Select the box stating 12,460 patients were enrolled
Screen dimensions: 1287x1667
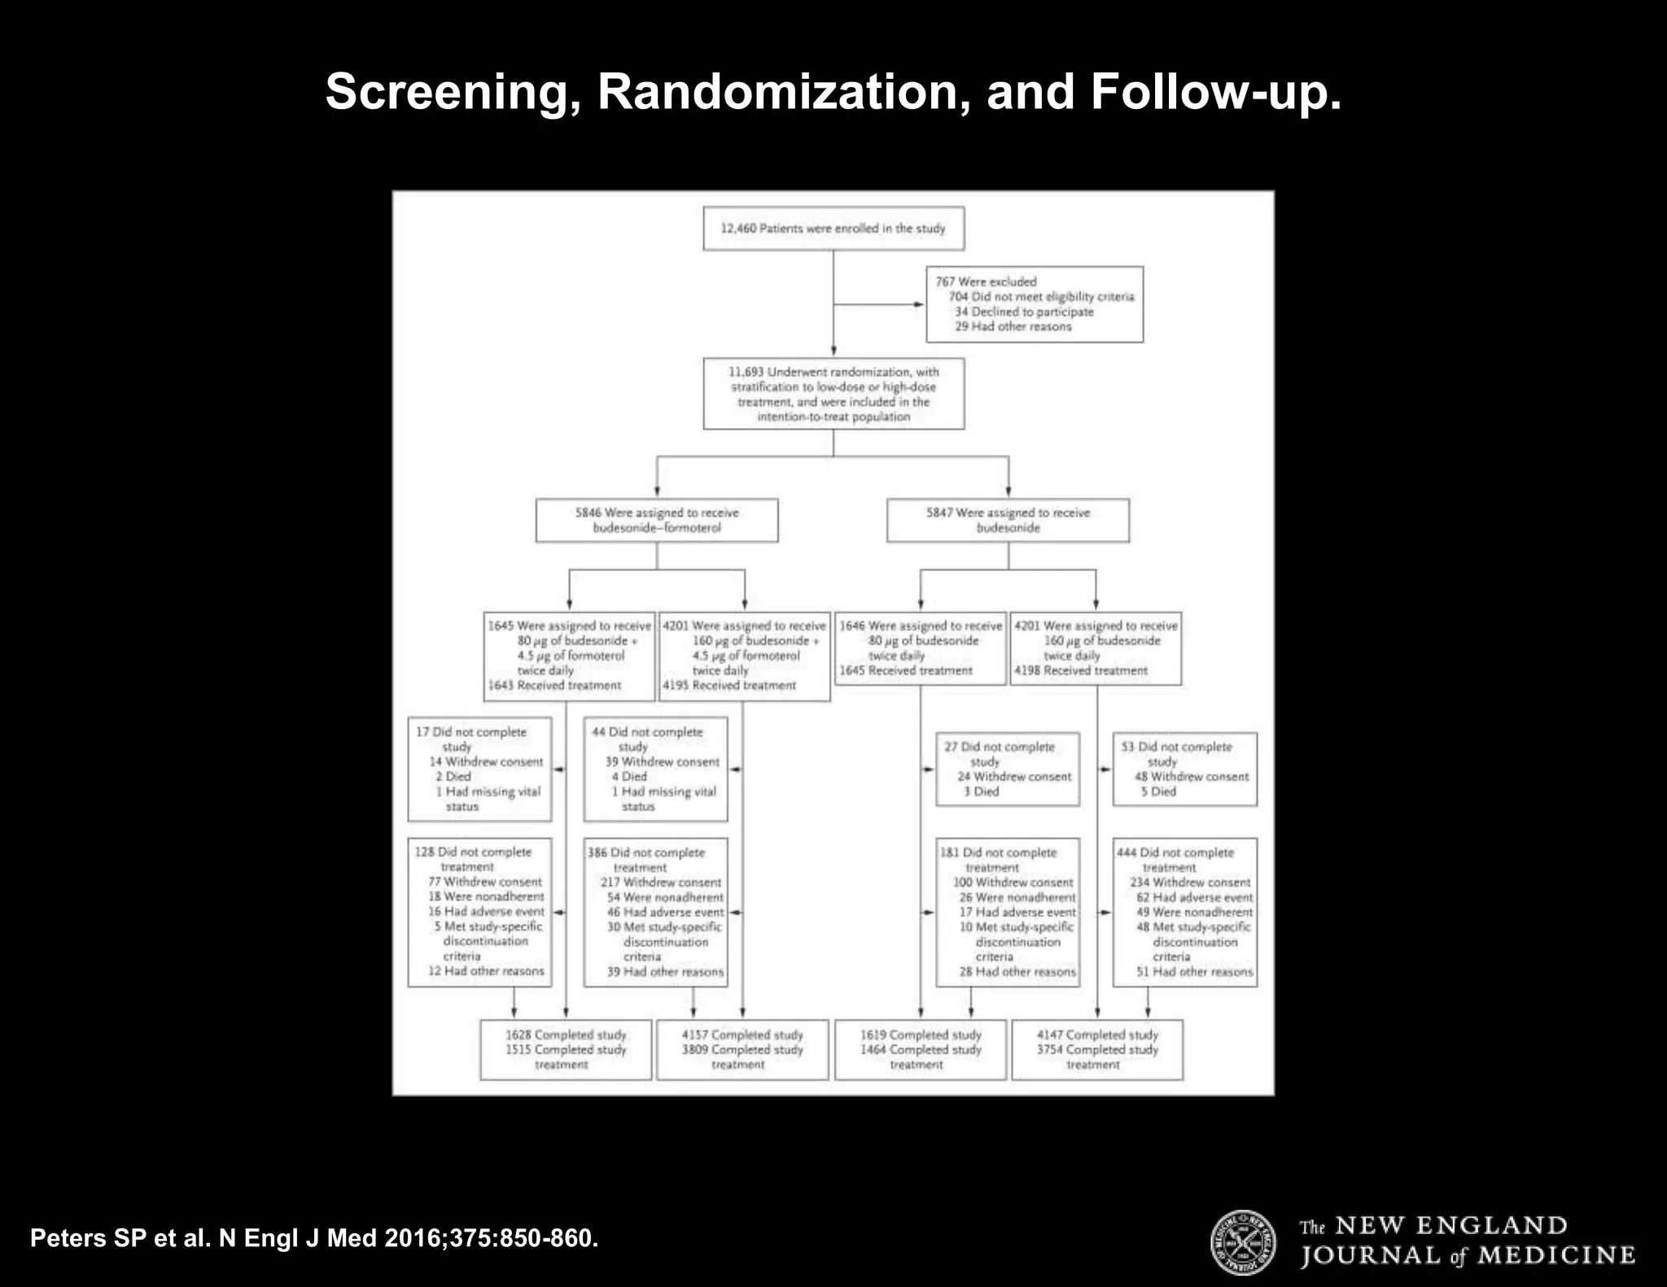click(x=833, y=229)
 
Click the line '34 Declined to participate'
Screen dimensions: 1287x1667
click(x=1023, y=312)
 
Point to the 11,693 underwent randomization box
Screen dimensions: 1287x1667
click(x=833, y=394)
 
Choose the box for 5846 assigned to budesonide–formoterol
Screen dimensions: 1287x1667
click(x=656, y=520)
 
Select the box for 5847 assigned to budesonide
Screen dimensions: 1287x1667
click(x=1008, y=520)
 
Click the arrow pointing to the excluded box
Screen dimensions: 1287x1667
click(x=918, y=305)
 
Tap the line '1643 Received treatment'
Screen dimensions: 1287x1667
click(x=554, y=686)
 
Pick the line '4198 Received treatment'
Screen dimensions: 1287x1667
click(x=1080, y=671)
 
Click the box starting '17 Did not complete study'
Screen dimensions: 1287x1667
click(x=479, y=769)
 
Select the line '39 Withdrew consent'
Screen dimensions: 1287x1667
click(x=662, y=762)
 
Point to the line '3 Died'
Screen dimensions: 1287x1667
click(x=981, y=792)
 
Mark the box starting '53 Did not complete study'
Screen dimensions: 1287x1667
click(x=1184, y=769)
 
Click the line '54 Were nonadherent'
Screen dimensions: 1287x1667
click(x=664, y=897)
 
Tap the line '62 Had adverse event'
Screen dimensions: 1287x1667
click(x=1194, y=897)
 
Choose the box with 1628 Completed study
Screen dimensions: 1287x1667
click(x=566, y=1049)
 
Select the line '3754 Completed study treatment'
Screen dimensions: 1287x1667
click(x=1096, y=1057)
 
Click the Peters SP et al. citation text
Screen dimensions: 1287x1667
click(x=314, y=1238)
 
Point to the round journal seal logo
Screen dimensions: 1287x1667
click(x=1243, y=1242)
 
